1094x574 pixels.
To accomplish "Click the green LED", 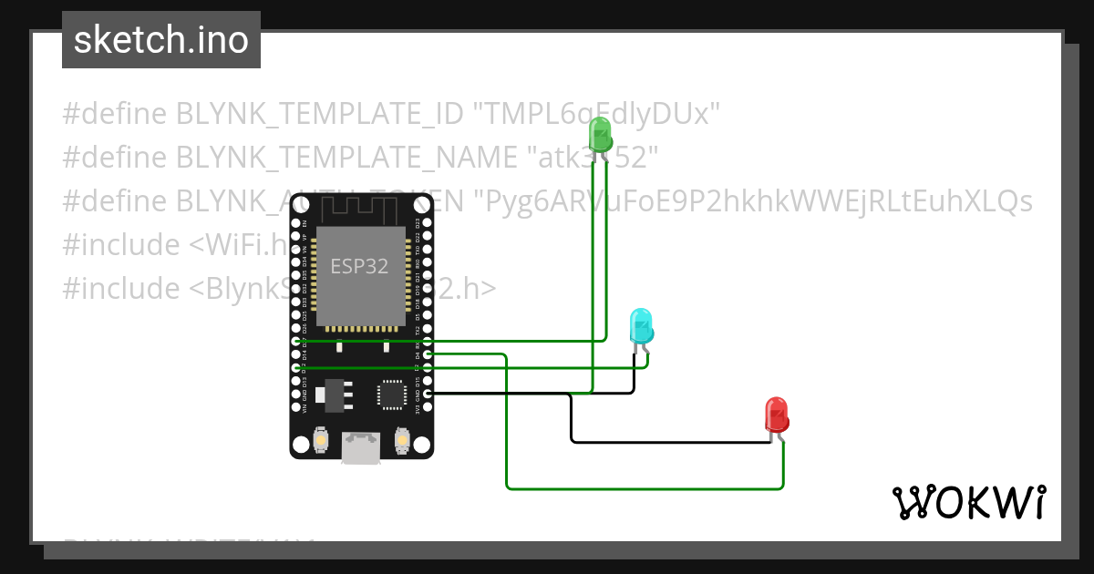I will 600,135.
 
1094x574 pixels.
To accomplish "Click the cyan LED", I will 641,326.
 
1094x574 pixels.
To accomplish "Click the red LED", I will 776,415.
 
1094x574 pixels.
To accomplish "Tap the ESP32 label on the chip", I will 360,267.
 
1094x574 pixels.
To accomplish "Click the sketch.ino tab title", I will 161,40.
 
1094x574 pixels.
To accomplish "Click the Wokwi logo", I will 968,502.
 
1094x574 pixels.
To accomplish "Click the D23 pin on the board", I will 428,222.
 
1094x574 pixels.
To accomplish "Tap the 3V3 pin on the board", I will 428,408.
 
